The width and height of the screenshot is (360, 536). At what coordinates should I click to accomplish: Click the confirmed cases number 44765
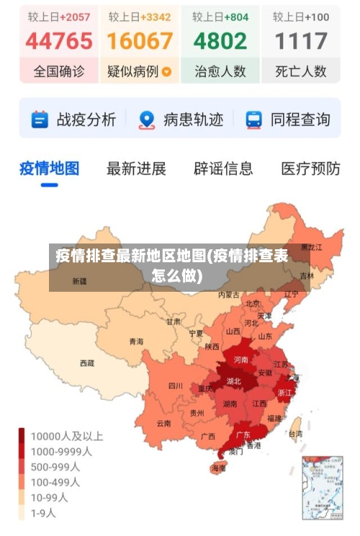[x=59, y=41]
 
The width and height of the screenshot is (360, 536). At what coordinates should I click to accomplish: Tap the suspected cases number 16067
[x=140, y=41]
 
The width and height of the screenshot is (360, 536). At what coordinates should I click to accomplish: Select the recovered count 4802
[x=220, y=41]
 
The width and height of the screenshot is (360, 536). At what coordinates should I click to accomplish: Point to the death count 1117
[x=301, y=41]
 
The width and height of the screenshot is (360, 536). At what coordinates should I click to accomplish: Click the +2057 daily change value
[x=75, y=16]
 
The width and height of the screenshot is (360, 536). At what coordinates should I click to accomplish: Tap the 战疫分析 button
[x=73, y=120]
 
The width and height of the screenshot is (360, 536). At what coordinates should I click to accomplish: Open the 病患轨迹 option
[x=181, y=120]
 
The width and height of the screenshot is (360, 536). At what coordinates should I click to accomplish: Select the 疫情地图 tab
[x=49, y=169]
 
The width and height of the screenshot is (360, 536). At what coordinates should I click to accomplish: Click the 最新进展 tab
[x=136, y=169]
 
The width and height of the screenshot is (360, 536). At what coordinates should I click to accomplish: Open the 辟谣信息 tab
[x=223, y=169]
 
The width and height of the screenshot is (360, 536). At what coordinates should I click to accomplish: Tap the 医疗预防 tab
[x=310, y=169]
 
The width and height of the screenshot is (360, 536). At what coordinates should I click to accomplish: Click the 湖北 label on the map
[x=234, y=380]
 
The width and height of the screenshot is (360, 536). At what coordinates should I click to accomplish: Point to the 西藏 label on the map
[x=87, y=363]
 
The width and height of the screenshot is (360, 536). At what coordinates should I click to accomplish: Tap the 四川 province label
[x=175, y=385]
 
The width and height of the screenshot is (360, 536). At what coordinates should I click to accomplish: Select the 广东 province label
[x=243, y=435]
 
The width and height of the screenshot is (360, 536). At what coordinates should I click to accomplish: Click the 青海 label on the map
[x=136, y=341]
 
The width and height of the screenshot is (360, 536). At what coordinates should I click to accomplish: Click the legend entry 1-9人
[x=43, y=514]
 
